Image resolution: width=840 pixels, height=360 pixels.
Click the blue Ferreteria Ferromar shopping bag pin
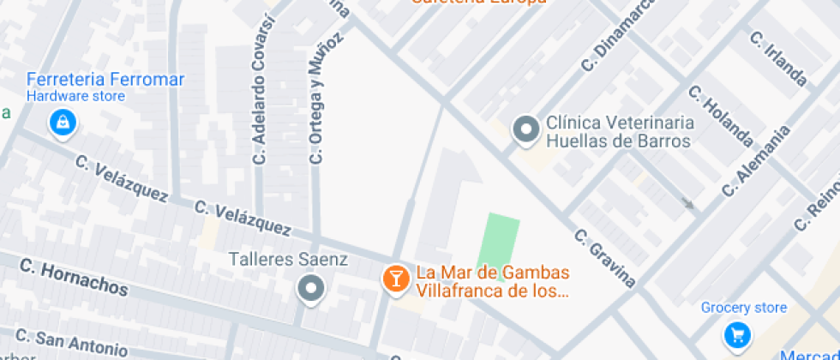tap(63, 123)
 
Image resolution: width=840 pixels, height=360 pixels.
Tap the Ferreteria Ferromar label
tap(105, 80)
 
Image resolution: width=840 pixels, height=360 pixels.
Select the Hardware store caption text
tap(75, 96)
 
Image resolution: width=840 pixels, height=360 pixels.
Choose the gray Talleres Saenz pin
tap(310, 289)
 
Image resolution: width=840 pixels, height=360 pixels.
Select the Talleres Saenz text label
tap(288, 259)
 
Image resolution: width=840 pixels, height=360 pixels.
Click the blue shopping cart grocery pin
tap(737, 333)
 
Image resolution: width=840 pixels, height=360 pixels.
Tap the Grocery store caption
tap(743, 308)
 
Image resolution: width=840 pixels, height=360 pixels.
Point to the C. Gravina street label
tap(605, 258)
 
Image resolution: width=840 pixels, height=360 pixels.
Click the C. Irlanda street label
tap(778, 59)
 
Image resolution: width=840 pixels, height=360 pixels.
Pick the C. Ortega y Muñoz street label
tap(327, 98)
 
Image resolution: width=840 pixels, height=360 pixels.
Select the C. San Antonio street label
tap(71, 342)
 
